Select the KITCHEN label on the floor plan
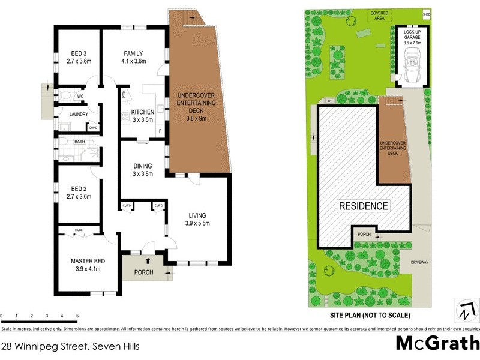point(143,112)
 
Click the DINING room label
point(143,166)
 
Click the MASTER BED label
point(88,260)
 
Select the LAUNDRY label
point(79,115)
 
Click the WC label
point(80,96)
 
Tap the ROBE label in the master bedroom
point(79,230)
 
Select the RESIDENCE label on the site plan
point(364,206)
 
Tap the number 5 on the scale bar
point(77,316)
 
